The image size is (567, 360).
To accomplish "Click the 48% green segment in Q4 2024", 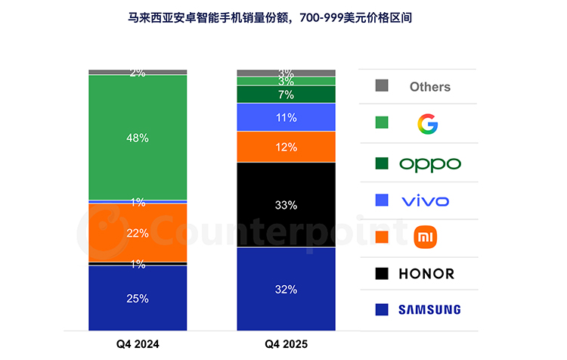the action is click(138, 138).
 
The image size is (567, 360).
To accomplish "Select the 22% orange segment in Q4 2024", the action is click(138, 233).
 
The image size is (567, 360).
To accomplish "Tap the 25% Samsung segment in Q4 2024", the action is click(138, 298).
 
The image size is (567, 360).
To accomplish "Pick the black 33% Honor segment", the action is click(286, 205).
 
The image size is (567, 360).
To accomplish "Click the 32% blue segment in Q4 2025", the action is click(286, 289).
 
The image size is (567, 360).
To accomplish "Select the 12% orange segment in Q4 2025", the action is click(286, 147).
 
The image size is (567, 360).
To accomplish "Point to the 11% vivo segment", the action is click(286, 117).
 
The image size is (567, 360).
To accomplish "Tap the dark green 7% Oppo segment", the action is click(286, 95).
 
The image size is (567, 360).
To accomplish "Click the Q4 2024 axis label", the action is click(138, 343).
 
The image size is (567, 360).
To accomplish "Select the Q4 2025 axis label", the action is click(286, 343).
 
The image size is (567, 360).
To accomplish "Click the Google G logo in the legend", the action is click(428, 124).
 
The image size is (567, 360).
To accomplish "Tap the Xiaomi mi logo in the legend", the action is click(425, 237).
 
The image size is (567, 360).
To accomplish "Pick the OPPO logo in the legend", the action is click(430, 165).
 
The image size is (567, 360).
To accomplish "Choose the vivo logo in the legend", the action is click(425, 201).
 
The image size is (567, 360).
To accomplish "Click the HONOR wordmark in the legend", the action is click(426, 274).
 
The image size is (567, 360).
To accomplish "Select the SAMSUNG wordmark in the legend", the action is click(429, 310).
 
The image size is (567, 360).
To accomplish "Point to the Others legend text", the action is click(430, 87).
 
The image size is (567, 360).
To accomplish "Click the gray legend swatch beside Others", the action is click(382, 85).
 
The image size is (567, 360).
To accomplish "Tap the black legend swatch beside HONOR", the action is click(382, 274).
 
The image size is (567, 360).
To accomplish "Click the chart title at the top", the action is click(270, 17).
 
